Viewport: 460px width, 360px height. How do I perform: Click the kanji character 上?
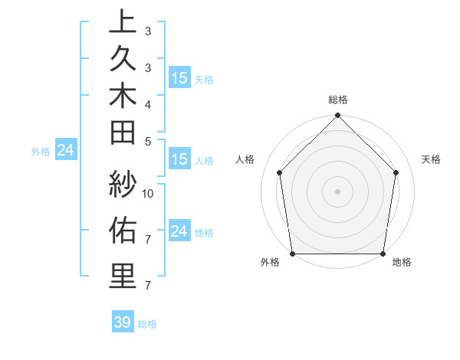tap(123, 22)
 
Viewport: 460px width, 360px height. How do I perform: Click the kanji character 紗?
tap(123, 185)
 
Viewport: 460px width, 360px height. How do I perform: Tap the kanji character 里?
tap(123, 275)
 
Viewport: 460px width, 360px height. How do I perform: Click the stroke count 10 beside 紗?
tap(149, 194)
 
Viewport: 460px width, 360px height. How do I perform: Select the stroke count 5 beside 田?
tap(147, 140)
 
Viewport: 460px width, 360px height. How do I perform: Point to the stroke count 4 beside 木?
tap(147, 103)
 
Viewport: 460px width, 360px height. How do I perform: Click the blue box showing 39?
tap(122, 322)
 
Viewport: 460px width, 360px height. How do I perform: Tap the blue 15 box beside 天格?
tap(179, 77)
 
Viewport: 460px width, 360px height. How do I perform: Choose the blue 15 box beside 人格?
tap(179, 159)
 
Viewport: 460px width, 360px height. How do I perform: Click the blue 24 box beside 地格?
tap(179, 231)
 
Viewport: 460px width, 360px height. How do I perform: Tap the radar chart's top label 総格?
tap(337, 100)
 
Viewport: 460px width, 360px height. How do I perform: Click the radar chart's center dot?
tap(337, 191)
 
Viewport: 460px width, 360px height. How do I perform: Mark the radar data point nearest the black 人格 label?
tap(280, 172)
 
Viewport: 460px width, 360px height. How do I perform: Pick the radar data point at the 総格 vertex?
tap(337, 116)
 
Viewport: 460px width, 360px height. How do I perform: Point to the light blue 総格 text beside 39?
tap(148, 324)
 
